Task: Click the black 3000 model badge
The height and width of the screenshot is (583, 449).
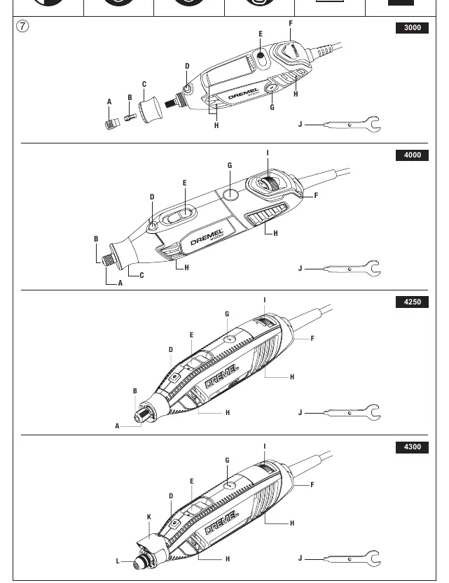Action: click(x=412, y=28)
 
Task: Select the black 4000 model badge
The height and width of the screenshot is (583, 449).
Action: click(x=412, y=155)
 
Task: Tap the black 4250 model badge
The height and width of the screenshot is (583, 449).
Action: click(x=412, y=302)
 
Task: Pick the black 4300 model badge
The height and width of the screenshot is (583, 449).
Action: click(x=412, y=447)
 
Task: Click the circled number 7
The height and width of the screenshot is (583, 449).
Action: click(x=22, y=27)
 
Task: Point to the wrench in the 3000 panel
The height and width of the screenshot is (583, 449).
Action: click(x=352, y=125)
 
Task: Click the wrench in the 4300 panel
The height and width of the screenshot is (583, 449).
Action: click(x=352, y=559)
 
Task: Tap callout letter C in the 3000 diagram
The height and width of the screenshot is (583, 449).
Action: click(x=144, y=85)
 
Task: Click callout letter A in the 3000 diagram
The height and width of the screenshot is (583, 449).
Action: click(x=109, y=101)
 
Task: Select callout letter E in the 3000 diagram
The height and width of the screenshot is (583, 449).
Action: click(x=261, y=34)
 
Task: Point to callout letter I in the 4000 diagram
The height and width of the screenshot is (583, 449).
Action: click(x=268, y=153)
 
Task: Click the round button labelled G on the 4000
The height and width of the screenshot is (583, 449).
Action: click(x=231, y=194)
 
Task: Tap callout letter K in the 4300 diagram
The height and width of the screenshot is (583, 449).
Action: click(x=149, y=517)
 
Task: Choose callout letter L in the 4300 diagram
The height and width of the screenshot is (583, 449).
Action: click(x=118, y=561)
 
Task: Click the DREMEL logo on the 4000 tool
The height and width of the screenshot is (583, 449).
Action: click(x=207, y=237)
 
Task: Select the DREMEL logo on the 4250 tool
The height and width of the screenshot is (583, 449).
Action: click(x=222, y=377)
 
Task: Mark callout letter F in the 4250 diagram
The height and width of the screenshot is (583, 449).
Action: click(x=312, y=338)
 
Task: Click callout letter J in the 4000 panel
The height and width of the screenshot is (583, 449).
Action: click(x=301, y=269)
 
